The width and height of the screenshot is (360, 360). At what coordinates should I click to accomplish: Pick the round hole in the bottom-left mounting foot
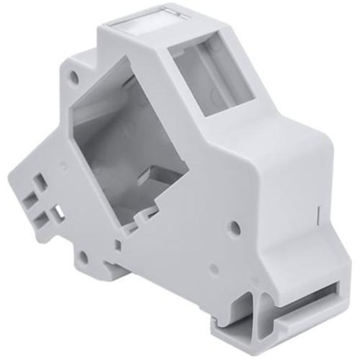click(83, 257)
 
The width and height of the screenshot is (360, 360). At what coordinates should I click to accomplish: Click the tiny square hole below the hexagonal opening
click(117, 245)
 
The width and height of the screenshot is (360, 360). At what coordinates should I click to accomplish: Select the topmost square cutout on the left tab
click(41, 182)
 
